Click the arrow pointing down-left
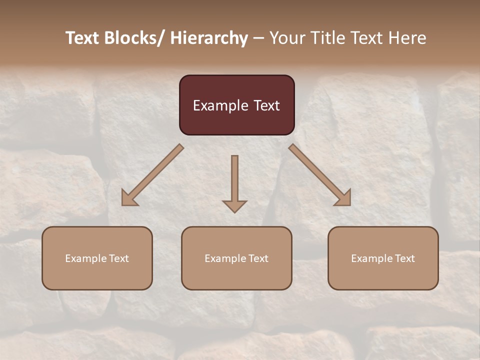(x=152, y=175)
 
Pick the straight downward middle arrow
(x=234, y=182)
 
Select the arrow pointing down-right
(x=320, y=175)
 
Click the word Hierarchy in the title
(x=209, y=38)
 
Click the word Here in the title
(x=406, y=38)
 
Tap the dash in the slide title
(x=258, y=38)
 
